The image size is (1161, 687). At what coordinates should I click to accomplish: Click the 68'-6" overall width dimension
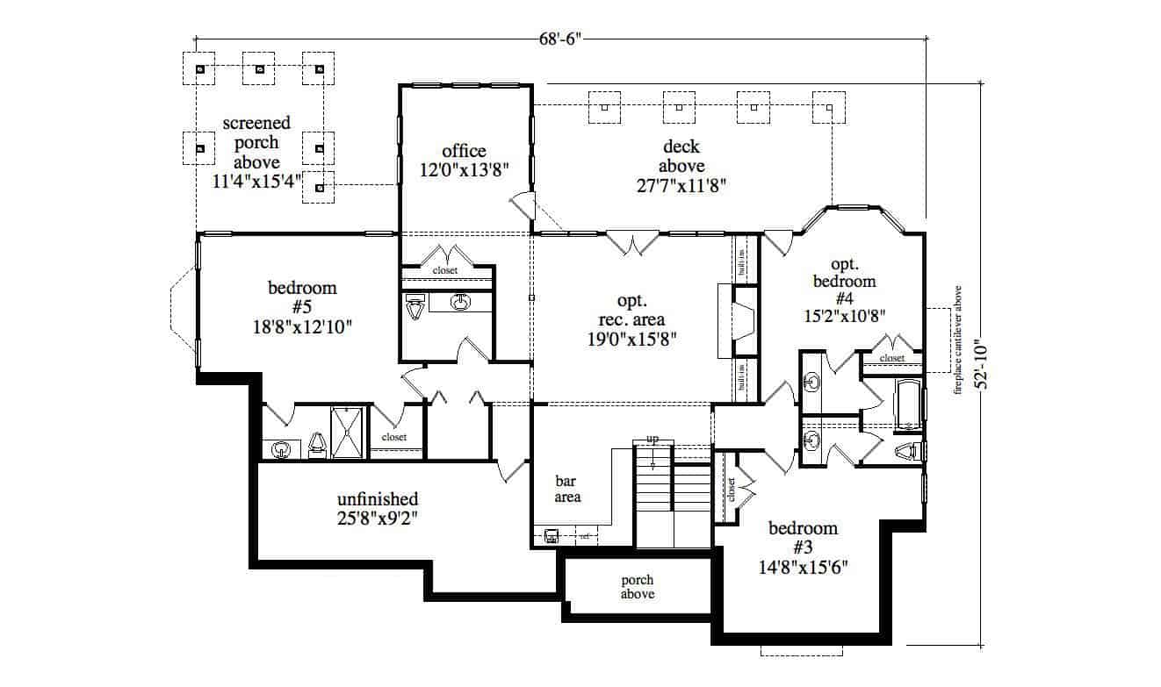[x=561, y=39]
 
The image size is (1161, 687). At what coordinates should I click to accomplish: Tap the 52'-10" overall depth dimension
[x=991, y=365]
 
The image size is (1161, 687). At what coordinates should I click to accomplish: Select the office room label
[x=464, y=160]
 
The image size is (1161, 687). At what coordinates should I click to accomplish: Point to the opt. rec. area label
[x=631, y=318]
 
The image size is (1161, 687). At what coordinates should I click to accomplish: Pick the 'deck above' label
[x=681, y=165]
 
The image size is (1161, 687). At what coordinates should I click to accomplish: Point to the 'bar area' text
[x=568, y=489]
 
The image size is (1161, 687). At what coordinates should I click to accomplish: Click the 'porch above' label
[x=637, y=587]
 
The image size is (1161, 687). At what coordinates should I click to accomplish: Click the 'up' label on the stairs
[x=653, y=438]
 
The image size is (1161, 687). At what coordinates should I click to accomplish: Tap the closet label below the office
[x=445, y=271]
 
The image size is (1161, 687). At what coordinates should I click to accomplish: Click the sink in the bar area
[x=552, y=534]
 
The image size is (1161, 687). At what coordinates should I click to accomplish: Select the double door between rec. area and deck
[x=634, y=241]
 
